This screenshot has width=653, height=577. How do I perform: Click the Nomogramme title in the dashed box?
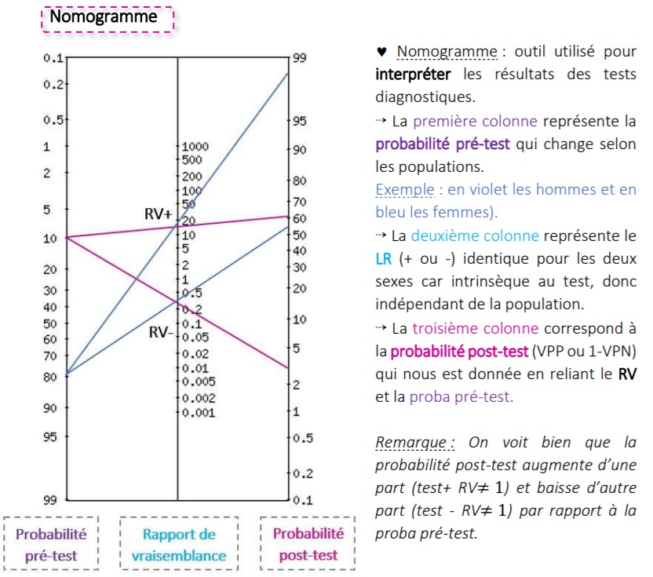103,16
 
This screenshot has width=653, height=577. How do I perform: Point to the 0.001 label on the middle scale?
198,412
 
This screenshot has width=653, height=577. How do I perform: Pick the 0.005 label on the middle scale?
198,382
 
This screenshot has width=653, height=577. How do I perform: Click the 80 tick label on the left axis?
48,376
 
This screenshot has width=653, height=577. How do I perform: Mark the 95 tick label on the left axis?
48,436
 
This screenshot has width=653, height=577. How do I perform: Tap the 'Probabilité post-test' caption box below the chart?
308,544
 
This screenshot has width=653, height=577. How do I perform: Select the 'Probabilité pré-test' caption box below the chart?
52,544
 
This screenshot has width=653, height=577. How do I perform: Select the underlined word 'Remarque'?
405,442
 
